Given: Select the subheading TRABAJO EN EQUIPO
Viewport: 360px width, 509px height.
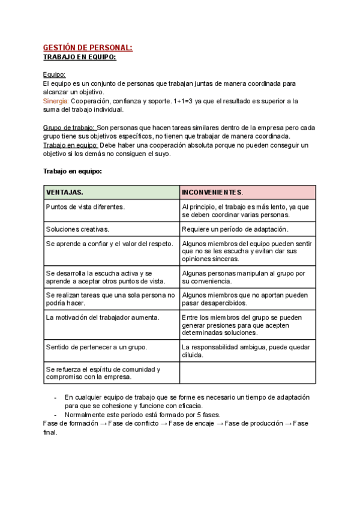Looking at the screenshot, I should (80, 57).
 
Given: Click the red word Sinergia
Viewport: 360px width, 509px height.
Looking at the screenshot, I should (56, 101).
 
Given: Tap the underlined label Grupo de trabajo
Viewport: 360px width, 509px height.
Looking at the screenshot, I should (70, 128).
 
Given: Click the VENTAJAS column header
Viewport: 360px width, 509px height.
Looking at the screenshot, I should (65, 192).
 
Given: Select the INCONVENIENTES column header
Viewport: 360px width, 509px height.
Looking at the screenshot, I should (212, 192).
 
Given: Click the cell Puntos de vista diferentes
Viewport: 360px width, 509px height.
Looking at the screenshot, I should (85, 206).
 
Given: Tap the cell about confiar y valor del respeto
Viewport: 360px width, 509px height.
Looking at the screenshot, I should (110, 244).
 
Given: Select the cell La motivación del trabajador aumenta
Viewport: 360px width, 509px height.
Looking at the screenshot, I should (103, 317).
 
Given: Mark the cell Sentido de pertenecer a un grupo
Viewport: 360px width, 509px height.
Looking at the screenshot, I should (97, 347).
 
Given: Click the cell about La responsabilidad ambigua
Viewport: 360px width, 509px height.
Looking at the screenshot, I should (246, 351).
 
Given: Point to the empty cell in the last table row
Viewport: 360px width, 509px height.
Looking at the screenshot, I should (247, 373).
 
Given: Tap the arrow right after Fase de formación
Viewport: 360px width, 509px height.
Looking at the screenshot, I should (104, 423).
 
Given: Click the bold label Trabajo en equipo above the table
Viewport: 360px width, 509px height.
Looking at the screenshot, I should (73, 171).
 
